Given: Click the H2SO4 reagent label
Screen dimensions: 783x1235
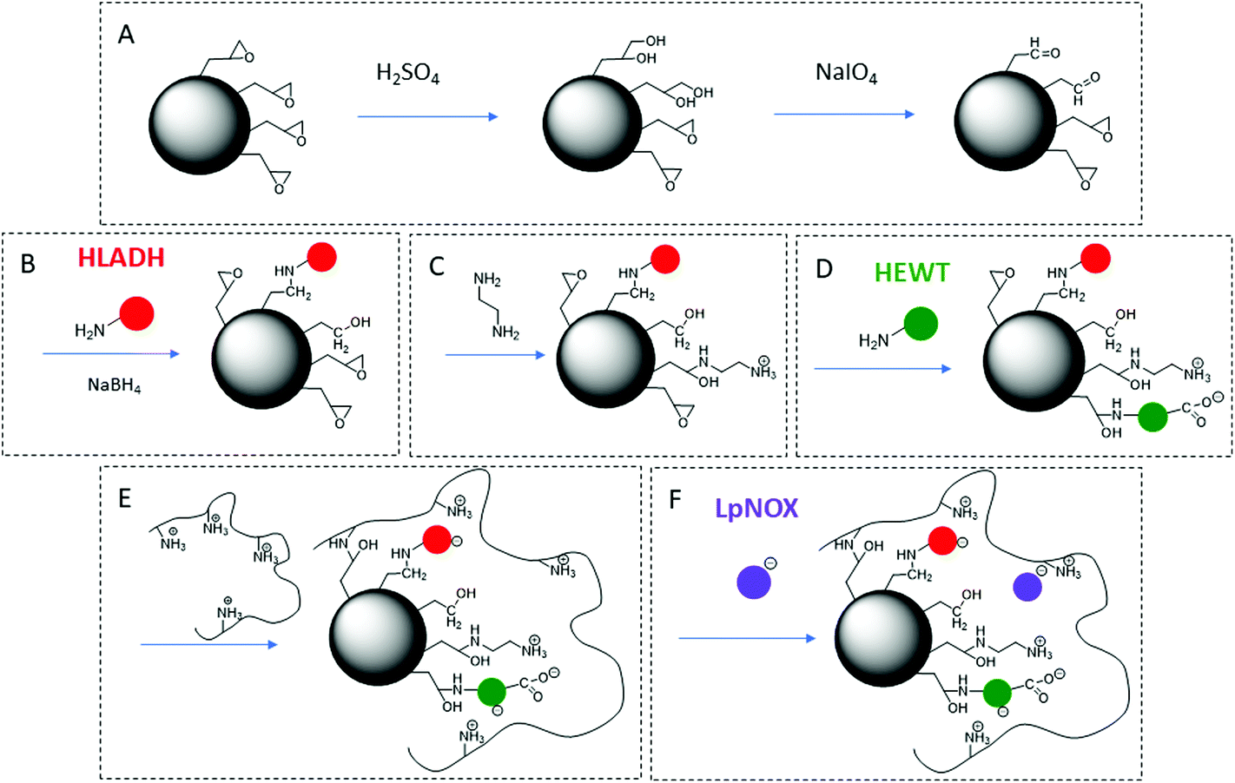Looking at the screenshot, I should pos(407,74).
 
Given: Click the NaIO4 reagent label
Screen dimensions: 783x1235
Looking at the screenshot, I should pos(846,74).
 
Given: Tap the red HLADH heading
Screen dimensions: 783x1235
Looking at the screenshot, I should pos(121,258).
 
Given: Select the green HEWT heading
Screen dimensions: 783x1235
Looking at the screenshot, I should pos(911,273).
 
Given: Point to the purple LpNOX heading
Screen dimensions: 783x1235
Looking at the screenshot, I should pos(756,508).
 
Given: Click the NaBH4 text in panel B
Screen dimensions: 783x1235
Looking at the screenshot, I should pos(114,385).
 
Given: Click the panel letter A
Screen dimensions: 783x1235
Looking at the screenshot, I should pos(127,36).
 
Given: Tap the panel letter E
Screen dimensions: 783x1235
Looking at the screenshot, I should pos(125,498).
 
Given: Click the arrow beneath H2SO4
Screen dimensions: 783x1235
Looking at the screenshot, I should pos(427,116).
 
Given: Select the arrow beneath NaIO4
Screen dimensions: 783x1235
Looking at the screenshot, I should pos(844,114).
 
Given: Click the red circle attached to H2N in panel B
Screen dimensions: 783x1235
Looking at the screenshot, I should pos(136,313).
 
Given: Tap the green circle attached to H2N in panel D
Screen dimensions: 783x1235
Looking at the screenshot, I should pos(921,325).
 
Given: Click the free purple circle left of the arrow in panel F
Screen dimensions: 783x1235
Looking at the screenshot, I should pos(753,582).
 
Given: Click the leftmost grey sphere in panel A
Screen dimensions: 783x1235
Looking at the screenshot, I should pos(200,124).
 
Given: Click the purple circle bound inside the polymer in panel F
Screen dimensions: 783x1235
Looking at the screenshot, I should pos(1027,588).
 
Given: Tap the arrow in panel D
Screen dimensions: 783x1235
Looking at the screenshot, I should pos(882,369).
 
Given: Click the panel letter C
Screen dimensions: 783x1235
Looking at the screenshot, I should pos(437,266).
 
